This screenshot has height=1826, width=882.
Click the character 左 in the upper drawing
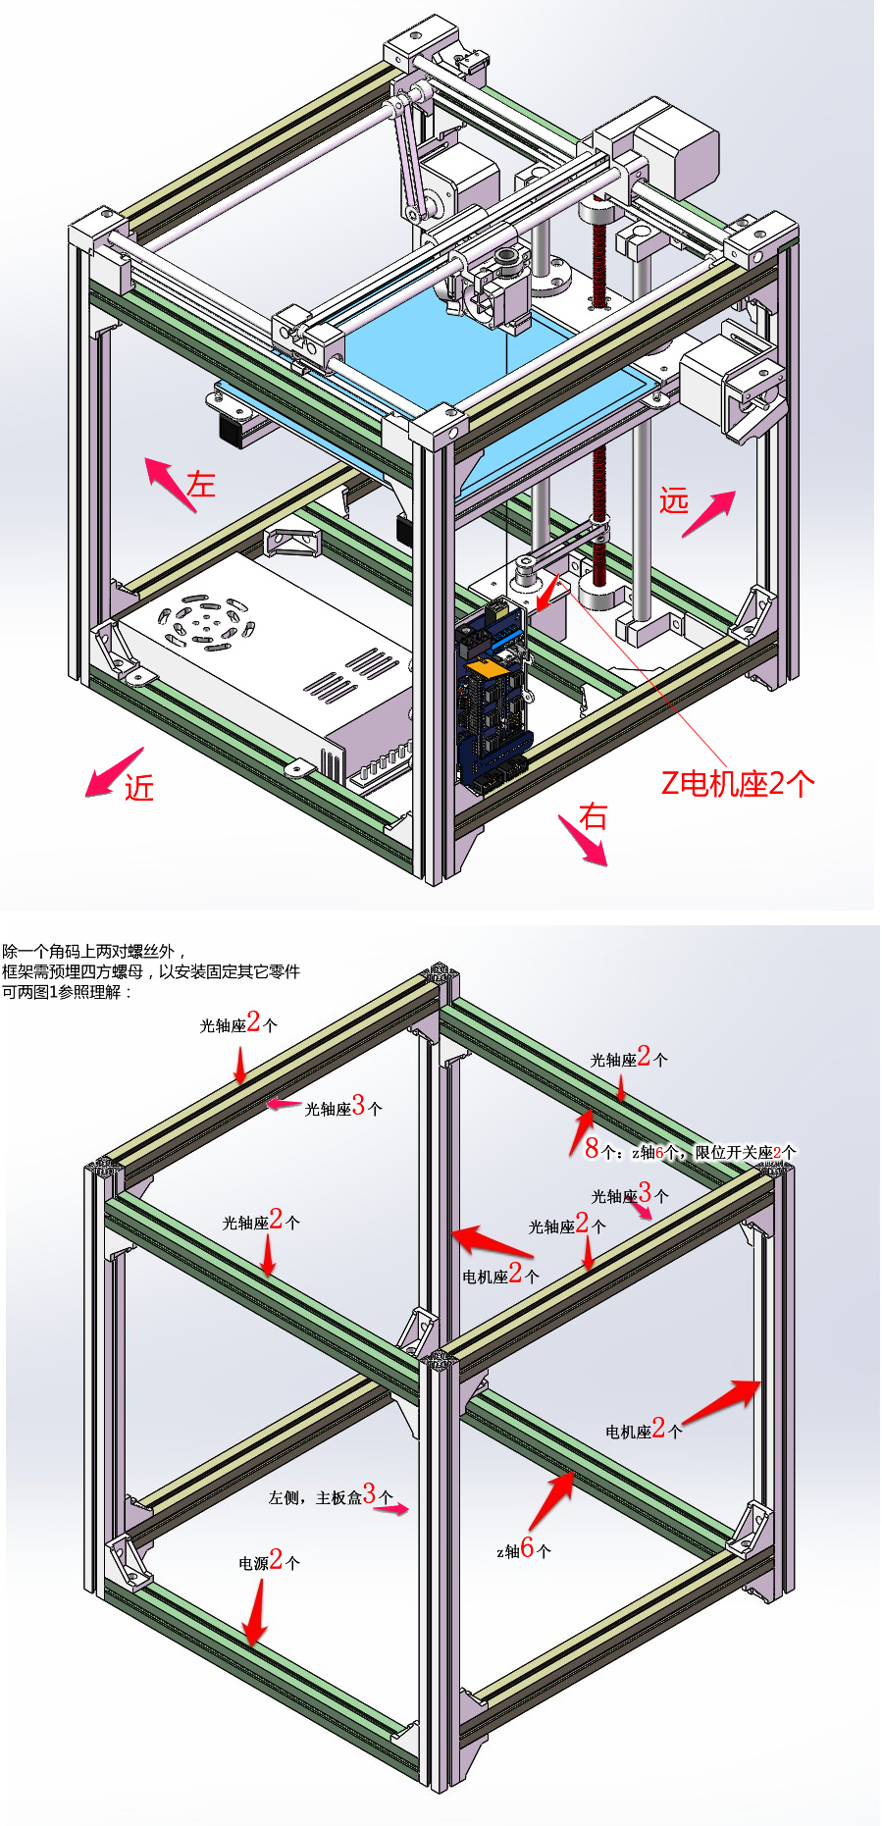(201, 484)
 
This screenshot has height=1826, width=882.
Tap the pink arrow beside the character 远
(708, 513)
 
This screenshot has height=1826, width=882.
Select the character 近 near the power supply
(139, 788)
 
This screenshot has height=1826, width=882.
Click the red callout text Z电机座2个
(738, 783)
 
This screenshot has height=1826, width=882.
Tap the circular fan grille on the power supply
(206, 620)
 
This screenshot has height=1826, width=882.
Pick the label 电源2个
(270, 1560)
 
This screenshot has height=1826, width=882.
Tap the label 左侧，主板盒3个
(331, 1494)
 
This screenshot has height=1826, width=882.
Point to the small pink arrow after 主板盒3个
(391, 1509)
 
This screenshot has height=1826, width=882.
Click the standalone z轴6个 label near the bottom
(524, 1549)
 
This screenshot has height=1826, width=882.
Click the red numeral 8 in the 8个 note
(592, 1148)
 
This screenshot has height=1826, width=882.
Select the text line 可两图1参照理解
(67, 992)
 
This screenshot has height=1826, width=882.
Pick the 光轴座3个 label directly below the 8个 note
(630, 1193)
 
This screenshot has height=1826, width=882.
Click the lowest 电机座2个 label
(644, 1429)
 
